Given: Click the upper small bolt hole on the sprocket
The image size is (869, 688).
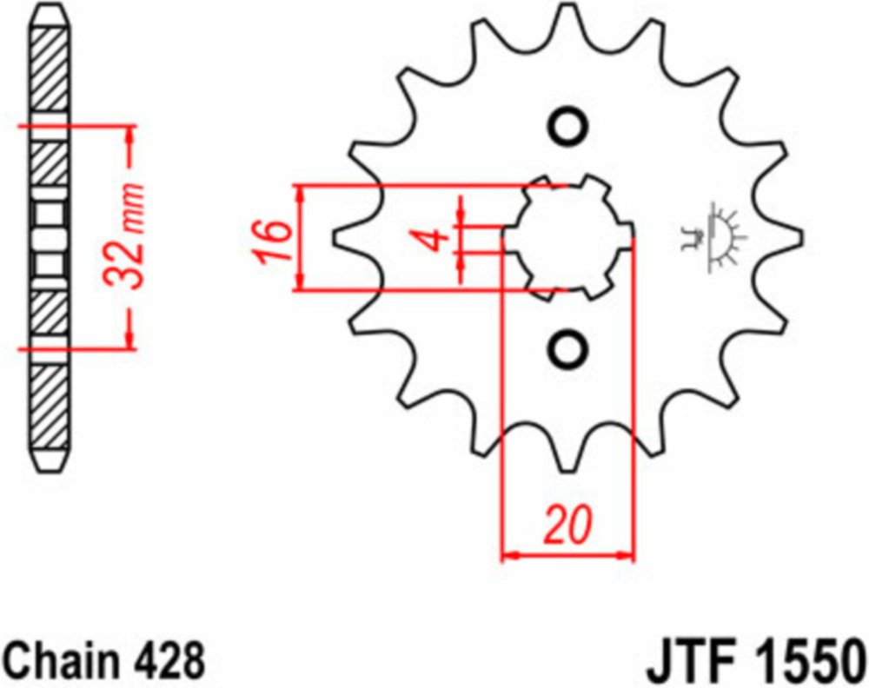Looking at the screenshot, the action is click(567, 128).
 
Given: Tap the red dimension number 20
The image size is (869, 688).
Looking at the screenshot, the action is click(567, 524).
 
